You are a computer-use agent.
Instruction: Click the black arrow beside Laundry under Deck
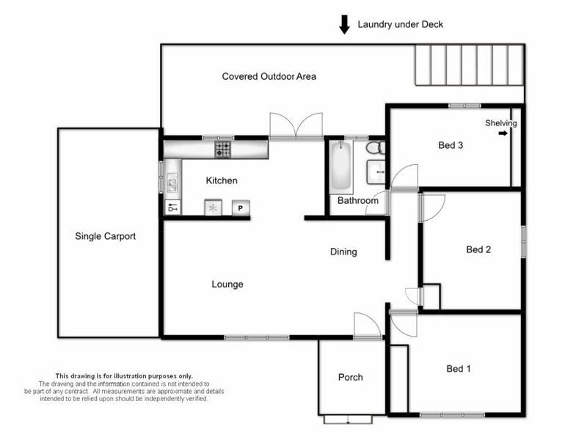pyautogui.click(x=344, y=25)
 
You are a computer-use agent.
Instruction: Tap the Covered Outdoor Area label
pyautogui.click(x=269, y=76)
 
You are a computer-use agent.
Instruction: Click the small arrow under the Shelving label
pyautogui.click(x=503, y=133)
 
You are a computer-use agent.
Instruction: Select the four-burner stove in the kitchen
pyautogui.click(x=222, y=150)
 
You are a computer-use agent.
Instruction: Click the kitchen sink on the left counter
pyautogui.click(x=172, y=182)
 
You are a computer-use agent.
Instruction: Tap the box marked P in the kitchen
pyautogui.click(x=241, y=208)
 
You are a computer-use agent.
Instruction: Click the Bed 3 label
pyautogui.click(x=451, y=145)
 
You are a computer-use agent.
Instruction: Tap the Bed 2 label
pyautogui.click(x=478, y=249)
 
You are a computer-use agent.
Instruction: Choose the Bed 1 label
pyautogui.click(x=459, y=368)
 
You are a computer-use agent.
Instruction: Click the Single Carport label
pyautogui.click(x=106, y=236)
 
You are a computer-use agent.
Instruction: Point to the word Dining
pyautogui.click(x=343, y=252)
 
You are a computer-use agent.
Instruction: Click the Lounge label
pyautogui.click(x=227, y=284)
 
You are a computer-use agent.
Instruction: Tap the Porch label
pyautogui.click(x=350, y=378)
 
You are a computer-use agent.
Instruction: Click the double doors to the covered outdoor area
pyautogui.click(x=296, y=126)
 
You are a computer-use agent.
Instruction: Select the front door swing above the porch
pyautogui.click(x=367, y=325)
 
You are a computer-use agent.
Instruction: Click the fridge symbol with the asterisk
pyautogui.click(x=214, y=208)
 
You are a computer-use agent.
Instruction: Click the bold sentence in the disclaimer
pyautogui.click(x=124, y=375)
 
